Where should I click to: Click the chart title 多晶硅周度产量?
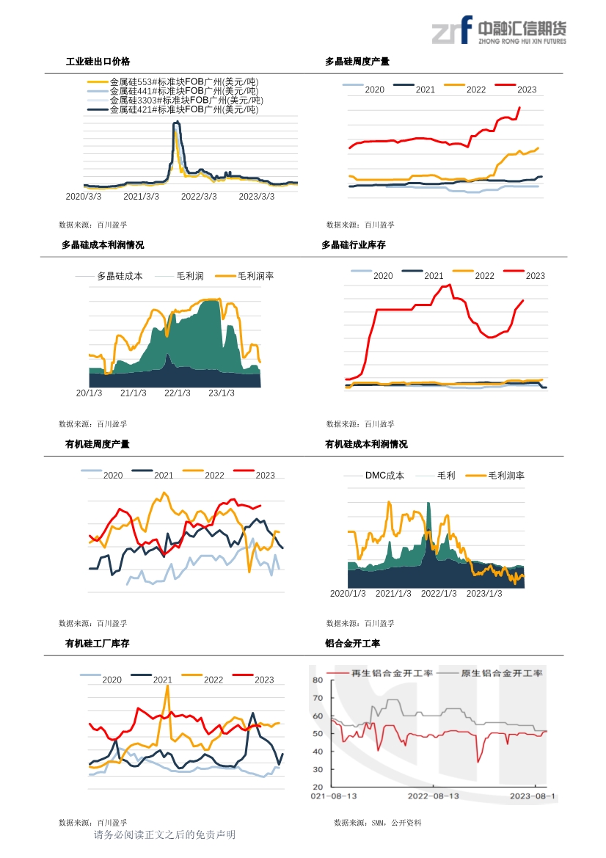coord(357,62)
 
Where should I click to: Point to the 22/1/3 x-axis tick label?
coord(177,393)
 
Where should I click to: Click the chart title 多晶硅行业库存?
coord(354,245)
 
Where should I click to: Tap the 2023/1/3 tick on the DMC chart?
coord(484,594)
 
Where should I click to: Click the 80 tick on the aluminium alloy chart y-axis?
coord(318,680)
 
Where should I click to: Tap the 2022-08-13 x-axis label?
coord(433,796)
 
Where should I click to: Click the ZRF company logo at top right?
coord(498,32)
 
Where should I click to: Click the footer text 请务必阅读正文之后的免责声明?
coord(164,835)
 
